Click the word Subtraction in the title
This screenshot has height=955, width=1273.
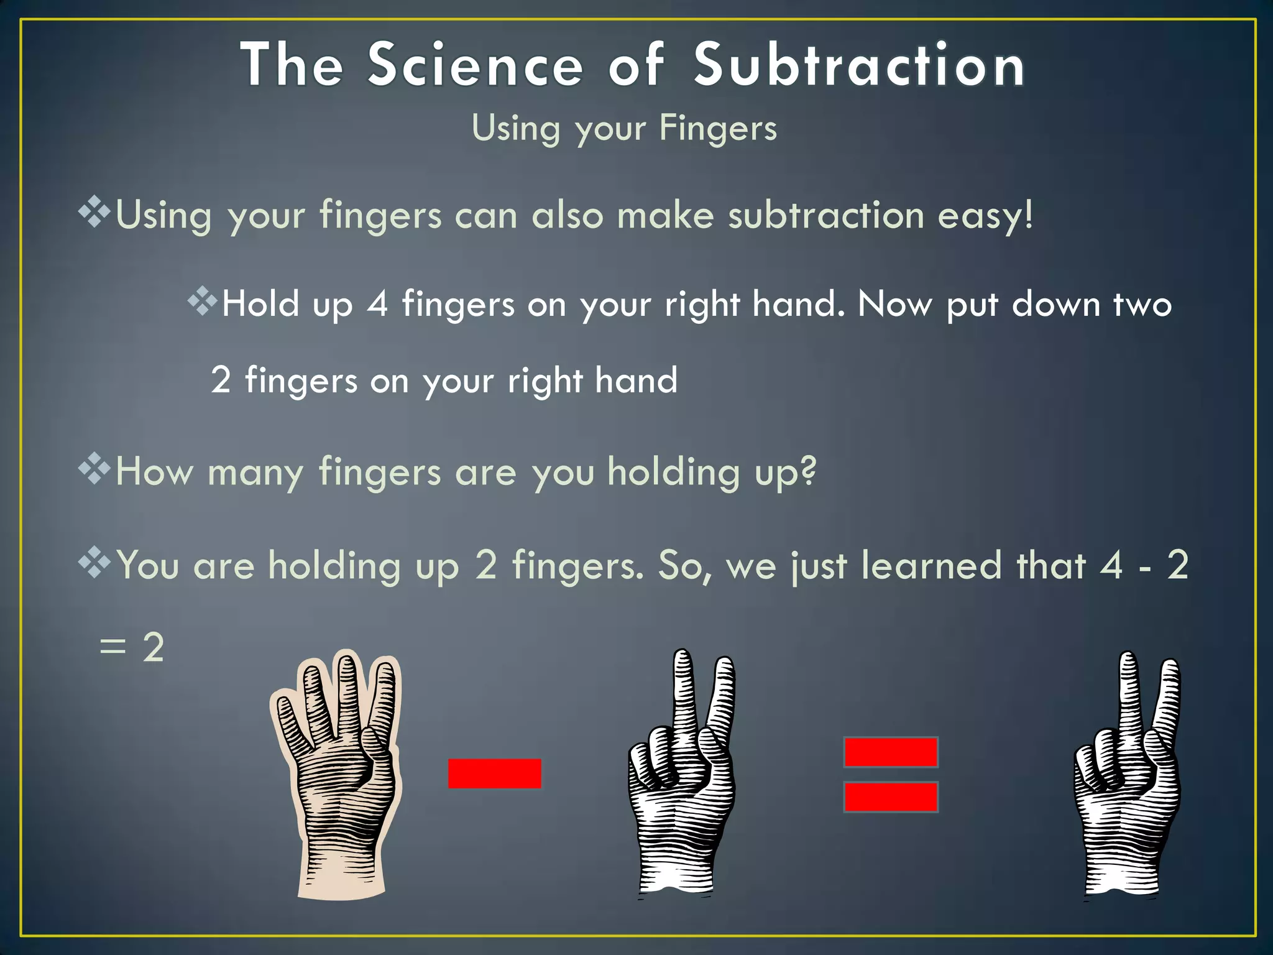pyautogui.click(x=859, y=65)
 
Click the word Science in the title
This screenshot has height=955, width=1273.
pyautogui.click(x=476, y=65)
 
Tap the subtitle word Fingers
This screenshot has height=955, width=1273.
pyautogui.click(x=718, y=129)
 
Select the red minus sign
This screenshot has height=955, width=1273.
pyautogui.click(x=494, y=773)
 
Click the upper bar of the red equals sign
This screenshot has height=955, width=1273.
pyautogui.click(x=891, y=752)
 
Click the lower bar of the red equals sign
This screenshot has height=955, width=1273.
pyautogui.click(x=891, y=797)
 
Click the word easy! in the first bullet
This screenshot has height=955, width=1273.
pyautogui.click(x=985, y=216)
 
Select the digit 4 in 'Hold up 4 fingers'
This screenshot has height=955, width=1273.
pyautogui.click(x=377, y=305)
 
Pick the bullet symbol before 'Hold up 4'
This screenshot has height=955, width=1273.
pyautogui.click(x=203, y=302)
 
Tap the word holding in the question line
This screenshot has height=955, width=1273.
pyautogui.click(x=674, y=472)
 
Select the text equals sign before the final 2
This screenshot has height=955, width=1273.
pyautogui.click(x=113, y=648)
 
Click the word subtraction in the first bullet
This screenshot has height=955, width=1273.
pyautogui.click(x=826, y=216)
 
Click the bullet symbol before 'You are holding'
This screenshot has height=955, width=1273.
pyautogui.click(x=94, y=563)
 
